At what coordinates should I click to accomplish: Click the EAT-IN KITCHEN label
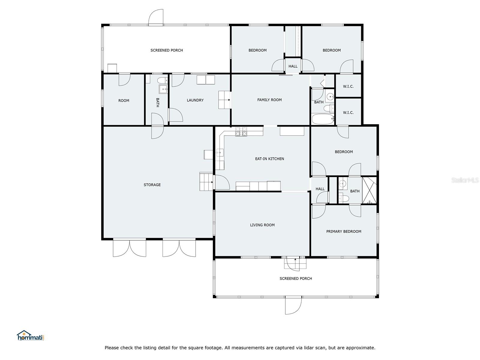tap(269, 159)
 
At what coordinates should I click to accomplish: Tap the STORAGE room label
tap(152, 185)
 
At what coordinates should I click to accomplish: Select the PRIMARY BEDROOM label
tap(343, 231)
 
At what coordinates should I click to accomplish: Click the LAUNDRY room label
tap(195, 100)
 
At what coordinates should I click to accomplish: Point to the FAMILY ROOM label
tap(269, 100)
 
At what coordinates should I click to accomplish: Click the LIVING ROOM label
tap(262, 225)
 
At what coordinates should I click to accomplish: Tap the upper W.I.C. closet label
tap(348, 86)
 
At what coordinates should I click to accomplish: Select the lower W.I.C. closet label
tap(348, 112)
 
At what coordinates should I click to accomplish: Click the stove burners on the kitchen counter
tap(241, 131)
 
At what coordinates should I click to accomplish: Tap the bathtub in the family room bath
tap(323, 119)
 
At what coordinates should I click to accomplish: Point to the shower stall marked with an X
tap(369, 191)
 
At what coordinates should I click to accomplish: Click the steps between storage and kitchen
tap(206, 181)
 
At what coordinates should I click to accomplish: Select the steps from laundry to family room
tap(224, 100)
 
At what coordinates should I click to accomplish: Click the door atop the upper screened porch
tap(156, 17)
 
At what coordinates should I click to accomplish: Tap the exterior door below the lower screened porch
tap(293, 305)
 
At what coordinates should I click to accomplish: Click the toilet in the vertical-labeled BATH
tap(162, 80)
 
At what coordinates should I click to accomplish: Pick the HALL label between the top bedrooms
tap(293, 66)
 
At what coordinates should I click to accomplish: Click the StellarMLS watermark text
tap(465, 180)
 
